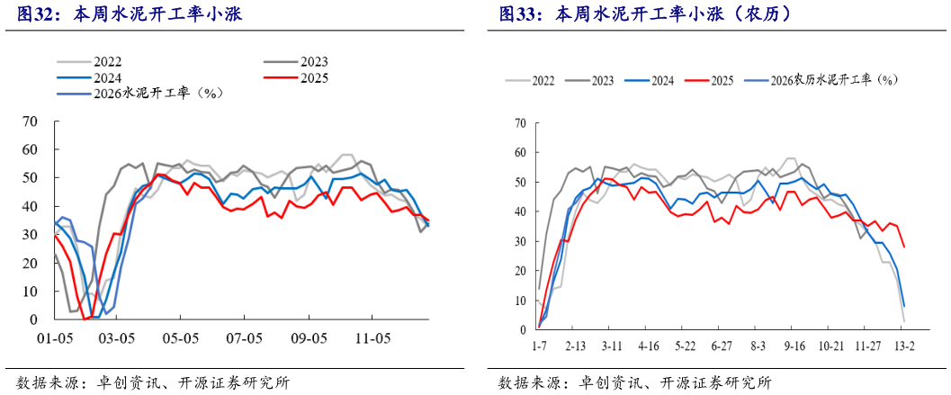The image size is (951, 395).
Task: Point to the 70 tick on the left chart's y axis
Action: [30, 121]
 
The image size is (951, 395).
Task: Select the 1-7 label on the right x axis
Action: [539, 346]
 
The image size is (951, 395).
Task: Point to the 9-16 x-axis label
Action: [794, 346]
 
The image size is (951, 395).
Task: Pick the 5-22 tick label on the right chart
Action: [685, 346]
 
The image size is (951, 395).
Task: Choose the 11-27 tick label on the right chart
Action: [867, 346]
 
